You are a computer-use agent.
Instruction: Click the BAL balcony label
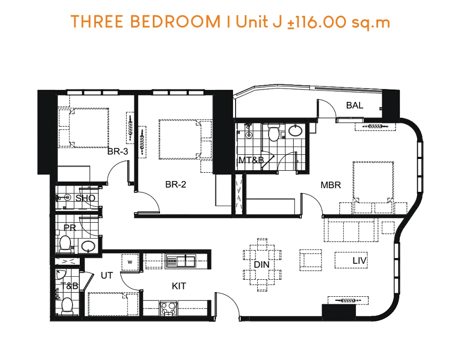click(354, 105)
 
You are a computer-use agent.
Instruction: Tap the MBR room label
click(331, 185)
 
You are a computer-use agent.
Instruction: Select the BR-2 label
click(176, 185)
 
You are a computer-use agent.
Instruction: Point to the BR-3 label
click(117, 151)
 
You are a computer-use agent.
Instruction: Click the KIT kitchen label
click(179, 286)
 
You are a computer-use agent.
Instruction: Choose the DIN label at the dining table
click(262, 264)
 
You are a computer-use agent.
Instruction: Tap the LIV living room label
click(360, 261)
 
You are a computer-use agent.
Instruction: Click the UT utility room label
click(106, 275)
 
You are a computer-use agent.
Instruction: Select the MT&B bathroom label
click(251, 160)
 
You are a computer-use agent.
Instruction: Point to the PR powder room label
click(69, 228)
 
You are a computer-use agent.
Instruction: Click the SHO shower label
click(85, 198)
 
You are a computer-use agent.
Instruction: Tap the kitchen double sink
click(181, 261)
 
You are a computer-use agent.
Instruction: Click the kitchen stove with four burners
click(168, 309)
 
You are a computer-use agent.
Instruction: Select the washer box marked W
click(130, 262)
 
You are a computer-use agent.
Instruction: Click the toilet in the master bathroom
click(274, 132)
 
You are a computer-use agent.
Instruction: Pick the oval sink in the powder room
click(88, 246)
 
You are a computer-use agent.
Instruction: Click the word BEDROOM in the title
click(175, 22)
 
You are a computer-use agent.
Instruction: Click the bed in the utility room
click(113, 304)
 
